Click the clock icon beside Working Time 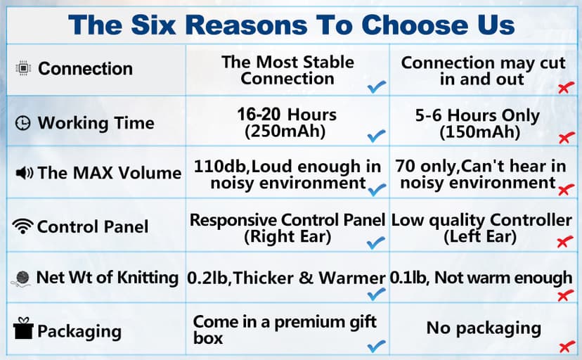[x=24, y=123]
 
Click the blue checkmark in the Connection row [x=377, y=87]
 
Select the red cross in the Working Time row [x=564, y=138]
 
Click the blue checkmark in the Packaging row [x=377, y=345]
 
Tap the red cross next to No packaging [x=564, y=346]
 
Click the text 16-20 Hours [x=287, y=115]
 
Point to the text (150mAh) [x=479, y=132]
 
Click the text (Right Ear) [x=287, y=237]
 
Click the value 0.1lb [x=410, y=278]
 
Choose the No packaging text [x=484, y=328]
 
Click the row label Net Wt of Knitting [x=107, y=277]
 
